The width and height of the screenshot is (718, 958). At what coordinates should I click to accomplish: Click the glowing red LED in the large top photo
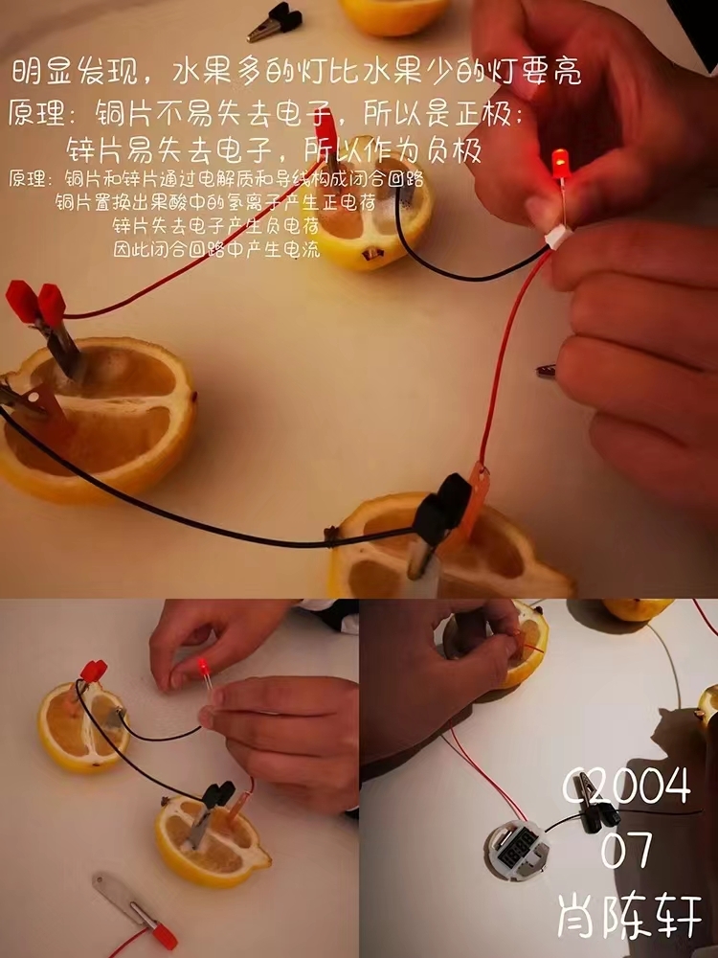(560, 164)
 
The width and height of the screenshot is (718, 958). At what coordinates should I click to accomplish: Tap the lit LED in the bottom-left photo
(204, 667)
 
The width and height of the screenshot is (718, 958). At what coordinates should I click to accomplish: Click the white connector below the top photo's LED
(558, 237)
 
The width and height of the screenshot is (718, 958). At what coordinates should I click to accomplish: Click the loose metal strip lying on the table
(123, 899)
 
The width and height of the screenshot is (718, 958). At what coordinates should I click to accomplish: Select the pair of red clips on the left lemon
(36, 303)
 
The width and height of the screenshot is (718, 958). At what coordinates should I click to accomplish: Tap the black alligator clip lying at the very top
(276, 22)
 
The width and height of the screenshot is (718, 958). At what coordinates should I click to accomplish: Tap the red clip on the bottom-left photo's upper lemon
(94, 671)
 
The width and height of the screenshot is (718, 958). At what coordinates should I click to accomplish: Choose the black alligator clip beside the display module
(595, 806)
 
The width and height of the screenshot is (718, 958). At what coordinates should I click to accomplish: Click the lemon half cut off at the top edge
(393, 15)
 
